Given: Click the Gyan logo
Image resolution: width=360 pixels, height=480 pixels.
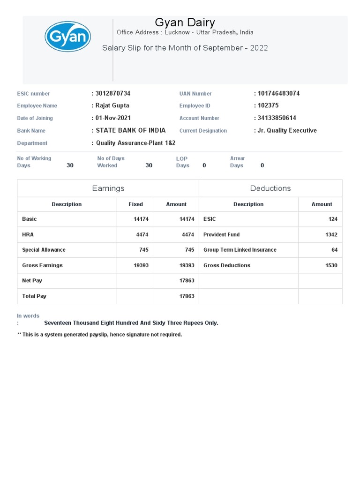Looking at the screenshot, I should click(67, 36).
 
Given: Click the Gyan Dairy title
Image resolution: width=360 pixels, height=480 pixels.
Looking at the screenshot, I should click(185, 22).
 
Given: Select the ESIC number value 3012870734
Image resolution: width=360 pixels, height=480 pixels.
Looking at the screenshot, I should click(113, 93).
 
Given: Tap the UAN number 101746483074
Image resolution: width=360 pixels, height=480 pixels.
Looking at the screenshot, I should click(278, 93).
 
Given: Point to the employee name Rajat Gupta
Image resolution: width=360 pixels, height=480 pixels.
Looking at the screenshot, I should click(112, 105).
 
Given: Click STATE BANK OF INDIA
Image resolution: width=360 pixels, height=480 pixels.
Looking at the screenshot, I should click(130, 130).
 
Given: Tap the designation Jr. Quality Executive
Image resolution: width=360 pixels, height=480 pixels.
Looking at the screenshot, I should click(287, 130).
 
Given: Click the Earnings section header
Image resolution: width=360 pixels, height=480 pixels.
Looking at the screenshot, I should click(108, 188).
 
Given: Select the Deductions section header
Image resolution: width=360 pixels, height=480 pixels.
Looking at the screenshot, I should click(270, 188).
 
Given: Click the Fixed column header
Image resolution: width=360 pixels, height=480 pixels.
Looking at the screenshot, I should click(136, 204).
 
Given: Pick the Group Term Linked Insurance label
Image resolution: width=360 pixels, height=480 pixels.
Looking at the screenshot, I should click(240, 250).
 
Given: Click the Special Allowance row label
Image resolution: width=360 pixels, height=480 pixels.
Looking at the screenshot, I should click(44, 250).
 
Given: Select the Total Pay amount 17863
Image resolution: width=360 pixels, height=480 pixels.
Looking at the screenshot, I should click(187, 296).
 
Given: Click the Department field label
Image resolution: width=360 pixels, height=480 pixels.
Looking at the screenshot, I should click(32, 143).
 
